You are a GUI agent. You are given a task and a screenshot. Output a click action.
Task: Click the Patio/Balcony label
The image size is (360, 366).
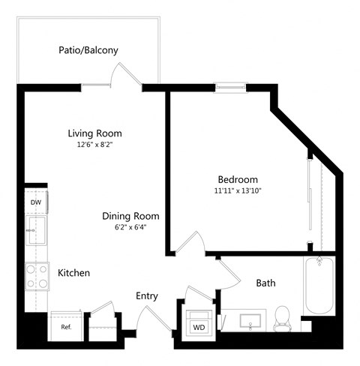point(88,51)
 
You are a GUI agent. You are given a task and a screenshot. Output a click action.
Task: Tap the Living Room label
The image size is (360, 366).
point(94,133)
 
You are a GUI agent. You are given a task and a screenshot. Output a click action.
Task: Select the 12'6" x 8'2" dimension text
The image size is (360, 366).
point(94,145)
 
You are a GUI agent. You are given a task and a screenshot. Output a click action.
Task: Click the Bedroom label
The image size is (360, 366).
point(238,180)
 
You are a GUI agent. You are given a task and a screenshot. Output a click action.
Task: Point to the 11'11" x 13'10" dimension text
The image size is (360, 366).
point(238,191)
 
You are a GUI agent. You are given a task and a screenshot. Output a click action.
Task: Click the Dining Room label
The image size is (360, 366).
point(130,216)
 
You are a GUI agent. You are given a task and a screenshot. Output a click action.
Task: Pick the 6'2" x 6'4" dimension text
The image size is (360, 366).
point(130,227)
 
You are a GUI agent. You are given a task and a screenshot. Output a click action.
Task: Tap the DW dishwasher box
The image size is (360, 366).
point(35,202)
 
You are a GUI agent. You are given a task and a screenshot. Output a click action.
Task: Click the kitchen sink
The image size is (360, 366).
point(35,229)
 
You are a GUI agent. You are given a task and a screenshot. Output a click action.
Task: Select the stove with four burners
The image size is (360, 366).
point(35,277)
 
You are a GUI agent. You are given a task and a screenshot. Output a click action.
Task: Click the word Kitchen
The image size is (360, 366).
point(74,273)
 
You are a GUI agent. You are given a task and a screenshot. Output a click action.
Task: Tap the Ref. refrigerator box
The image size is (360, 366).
point(66,327)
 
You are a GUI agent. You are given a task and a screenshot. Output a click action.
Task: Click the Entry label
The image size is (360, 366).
point(147,296)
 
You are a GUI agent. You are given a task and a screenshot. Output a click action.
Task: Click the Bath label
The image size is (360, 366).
point(266,283)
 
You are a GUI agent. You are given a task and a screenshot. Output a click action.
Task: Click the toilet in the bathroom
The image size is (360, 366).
point(283,318)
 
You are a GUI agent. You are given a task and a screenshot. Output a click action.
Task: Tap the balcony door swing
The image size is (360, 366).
point(124,75)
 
